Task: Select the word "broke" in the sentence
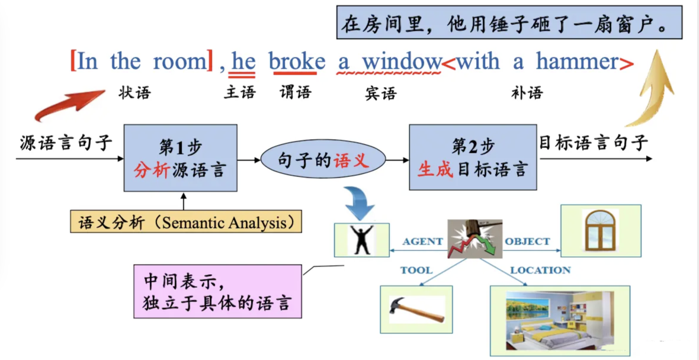pos(297,62)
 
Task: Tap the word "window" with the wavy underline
pos(402,62)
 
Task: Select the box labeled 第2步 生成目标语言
pos(473,157)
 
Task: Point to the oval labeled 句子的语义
pos(323,159)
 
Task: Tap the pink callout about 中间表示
pos(219,292)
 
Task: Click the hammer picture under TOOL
pos(416,309)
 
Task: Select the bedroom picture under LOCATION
pos(559,320)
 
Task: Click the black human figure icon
pos(361,240)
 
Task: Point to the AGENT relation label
pos(422,242)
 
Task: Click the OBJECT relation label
pos(527,242)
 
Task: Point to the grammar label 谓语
pos(295,92)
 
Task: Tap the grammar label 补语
pos(527,92)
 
